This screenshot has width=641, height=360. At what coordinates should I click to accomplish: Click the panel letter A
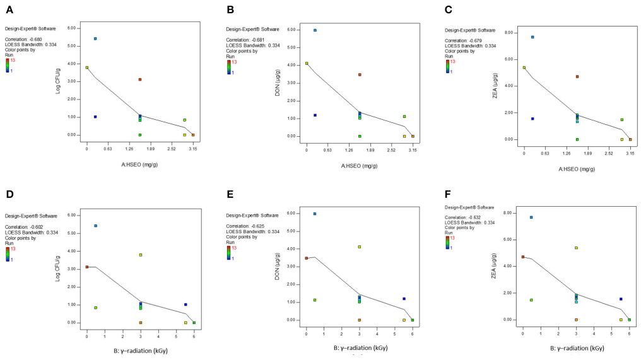pos(9,10)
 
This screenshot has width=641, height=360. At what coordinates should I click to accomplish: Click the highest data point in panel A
pos(95,38)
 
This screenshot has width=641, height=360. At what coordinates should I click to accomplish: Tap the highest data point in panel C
pos(532,37)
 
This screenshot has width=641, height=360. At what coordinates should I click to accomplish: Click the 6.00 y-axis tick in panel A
pos(72,28)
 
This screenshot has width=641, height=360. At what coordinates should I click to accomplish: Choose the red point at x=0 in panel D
pos(87,267)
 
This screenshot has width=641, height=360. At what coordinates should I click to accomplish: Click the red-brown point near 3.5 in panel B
pos(360,74)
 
